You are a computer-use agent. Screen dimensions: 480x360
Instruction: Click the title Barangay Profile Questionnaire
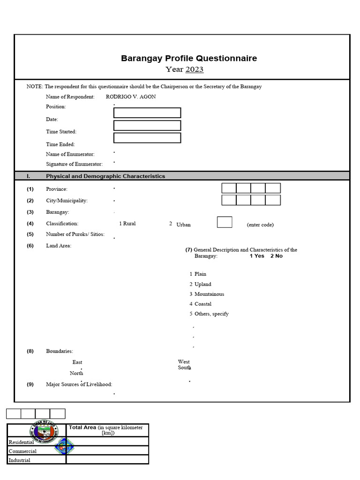coord(189,59)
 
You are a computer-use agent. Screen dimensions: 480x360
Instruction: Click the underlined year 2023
coord(195,70)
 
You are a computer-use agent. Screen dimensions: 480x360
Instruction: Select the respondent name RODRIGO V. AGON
coord(131,97)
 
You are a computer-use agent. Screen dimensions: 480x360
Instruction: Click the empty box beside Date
coord(147,125)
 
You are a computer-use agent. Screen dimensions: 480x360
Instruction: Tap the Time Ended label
coord(60,144)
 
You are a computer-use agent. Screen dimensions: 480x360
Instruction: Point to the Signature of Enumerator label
coord(74,164)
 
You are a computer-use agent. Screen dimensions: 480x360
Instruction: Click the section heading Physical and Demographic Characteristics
coord(105,176)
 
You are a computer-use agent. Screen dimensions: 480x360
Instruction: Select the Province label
coord(57,189)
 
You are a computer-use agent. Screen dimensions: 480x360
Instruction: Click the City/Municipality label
coord(67,201)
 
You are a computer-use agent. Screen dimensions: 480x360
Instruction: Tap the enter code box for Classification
coord(225,222)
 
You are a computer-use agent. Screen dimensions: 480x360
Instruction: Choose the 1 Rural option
coord(127,224)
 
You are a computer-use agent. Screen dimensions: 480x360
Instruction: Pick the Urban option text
coord(183,225)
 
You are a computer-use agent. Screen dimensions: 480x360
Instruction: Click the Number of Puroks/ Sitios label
coord(75,234)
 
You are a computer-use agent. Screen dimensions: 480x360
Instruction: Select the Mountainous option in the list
coord(209,294)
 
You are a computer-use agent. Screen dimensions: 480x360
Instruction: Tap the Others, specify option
coord(211,314)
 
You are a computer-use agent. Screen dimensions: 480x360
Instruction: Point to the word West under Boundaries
coord(184,361)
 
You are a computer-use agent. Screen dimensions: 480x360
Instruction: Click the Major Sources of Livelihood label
coord(79,384)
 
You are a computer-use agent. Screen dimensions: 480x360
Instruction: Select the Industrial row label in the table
coord(20,460)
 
